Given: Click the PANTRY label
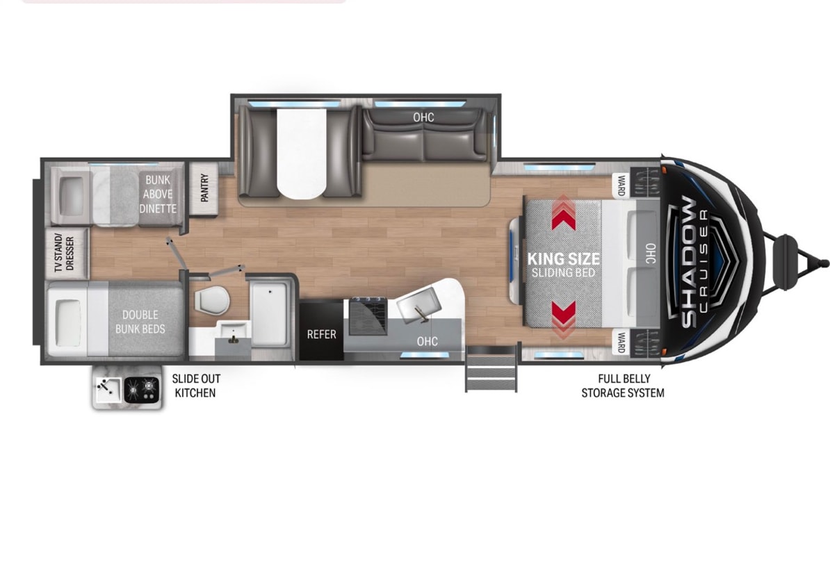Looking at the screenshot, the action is coord(204,188).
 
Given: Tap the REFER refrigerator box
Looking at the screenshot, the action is coord(321,331).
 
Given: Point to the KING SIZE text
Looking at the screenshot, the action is coord(564,258).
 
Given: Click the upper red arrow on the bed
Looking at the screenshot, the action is coord(564,213).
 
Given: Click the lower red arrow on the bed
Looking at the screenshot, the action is coord(564,319).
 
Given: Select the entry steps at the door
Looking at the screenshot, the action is coord(491,369).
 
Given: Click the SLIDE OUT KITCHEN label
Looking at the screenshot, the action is coord(196,386).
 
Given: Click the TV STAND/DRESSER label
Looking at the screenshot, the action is coord(65,254).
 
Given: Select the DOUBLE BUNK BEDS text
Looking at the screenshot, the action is coord(140,322).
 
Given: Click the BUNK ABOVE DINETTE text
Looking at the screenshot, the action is coord(158,194).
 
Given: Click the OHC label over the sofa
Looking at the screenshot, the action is coord(423,117).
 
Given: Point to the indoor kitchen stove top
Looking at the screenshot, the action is coord(368,315).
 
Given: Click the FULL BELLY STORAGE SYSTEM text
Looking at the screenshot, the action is coord(623,386).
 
